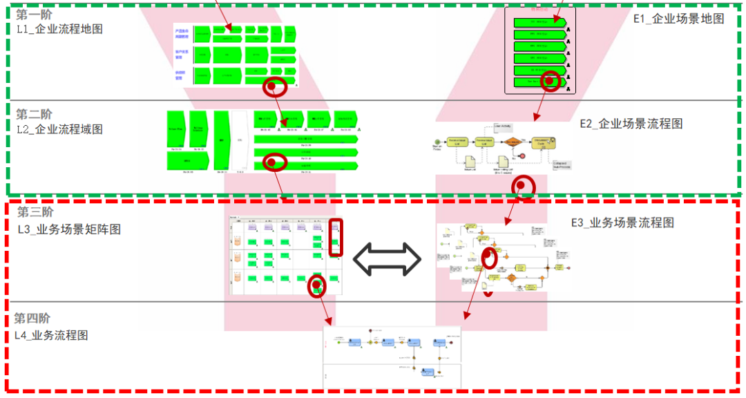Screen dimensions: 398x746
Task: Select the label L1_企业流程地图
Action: click(59, 29)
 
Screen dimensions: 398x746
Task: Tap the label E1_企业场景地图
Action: click(678, 19)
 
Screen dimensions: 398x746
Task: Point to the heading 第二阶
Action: click(34, 114)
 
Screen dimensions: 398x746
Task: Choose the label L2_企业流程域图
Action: click(59, 129)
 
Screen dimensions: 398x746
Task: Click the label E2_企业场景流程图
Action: click(631, 124)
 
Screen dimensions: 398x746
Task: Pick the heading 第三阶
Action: click(35, 212)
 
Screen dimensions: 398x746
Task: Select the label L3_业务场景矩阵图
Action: click(69, 228)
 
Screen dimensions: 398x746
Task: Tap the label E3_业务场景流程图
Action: click(622, 222)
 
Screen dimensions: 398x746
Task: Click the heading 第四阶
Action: click(32, 319)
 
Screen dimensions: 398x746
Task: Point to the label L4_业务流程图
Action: click(53, 335)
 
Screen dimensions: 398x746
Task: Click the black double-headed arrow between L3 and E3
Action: click(387, 259)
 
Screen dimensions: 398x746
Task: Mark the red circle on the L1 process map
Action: click(276, 86)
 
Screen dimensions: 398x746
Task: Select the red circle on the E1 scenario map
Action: click(550, 80)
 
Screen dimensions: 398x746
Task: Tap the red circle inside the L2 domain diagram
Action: click(274, 162)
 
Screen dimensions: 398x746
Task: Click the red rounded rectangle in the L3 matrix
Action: click(335, 237)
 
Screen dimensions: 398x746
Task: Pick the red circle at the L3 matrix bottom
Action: click(316, 285)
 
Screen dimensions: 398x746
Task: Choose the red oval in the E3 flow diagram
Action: click(489, 258)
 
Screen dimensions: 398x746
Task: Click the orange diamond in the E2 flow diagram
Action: click(513, 142)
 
